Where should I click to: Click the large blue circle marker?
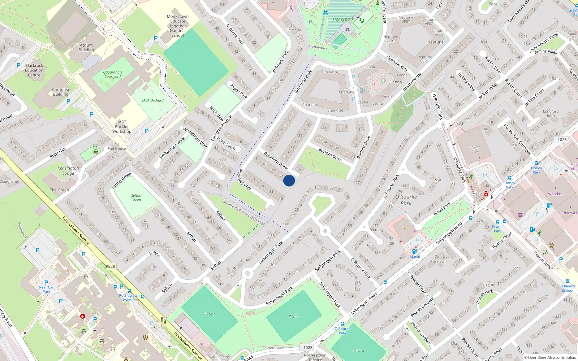pos(289,180)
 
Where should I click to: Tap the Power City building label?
pos(474,149)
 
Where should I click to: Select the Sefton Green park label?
pos(136,197)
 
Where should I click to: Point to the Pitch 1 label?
pos(210,314)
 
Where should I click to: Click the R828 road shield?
pos(110,266)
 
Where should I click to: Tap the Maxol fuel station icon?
pos(414,251)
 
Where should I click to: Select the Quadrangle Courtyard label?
pos(113,74)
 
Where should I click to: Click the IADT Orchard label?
pos(152,100)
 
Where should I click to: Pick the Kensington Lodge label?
pos(68,170)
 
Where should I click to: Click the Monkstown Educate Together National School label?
pos(178,26)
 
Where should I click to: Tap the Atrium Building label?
pos(86,48)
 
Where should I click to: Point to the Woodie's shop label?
pos(555,194)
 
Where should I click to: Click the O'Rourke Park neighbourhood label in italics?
pos(406,200)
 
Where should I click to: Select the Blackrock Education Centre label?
pos(34,70)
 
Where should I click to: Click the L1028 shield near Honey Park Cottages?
pos(561,140)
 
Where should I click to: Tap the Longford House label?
pos(551,113)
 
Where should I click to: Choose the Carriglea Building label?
pos(60,92)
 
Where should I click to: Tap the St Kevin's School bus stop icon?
pos(567,281)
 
